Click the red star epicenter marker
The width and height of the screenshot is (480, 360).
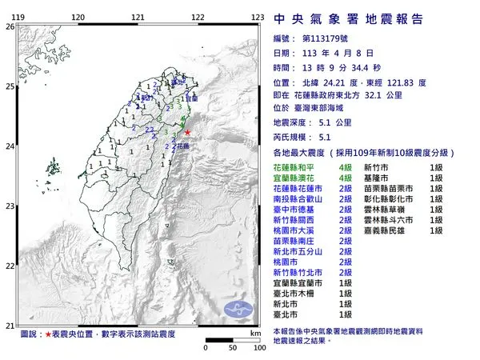pyautogui.click(x=187, y=132)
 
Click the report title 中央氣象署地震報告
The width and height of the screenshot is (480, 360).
pyautogui.click(x=348, y=19)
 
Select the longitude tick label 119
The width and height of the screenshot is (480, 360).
pyautogui.click(x=18, y=17)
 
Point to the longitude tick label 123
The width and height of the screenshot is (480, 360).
pyautogui.click(x=258, y=17)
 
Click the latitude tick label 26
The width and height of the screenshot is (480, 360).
pyautogui.click(x=10, y=26)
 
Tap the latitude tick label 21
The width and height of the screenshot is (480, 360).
pyautogui.click(x=10, y=325)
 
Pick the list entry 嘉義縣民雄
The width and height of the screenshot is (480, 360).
pyautogui.click(x=391, y=230)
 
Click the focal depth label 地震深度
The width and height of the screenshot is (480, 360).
pyautogui.click(x=290, y=123)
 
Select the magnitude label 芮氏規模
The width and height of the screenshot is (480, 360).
pyautogui.click(x=290, y=137)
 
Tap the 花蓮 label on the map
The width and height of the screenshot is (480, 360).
pyautogui.click(x=181, y=146)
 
